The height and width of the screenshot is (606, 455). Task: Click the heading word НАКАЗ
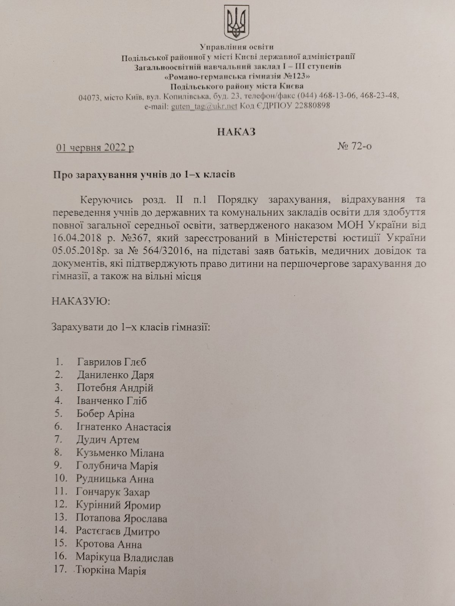(x=236, y=131)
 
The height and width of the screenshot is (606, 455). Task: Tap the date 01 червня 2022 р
(x=95, y=148)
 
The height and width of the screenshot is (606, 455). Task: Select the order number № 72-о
(x=354, y=146)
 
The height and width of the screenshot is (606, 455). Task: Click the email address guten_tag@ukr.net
(x=204, y=106)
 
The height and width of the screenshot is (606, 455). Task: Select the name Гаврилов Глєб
(x=111, y=362)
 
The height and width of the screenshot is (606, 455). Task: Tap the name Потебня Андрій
(x=115, y=388)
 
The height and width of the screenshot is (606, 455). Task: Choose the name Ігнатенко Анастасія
(x=123, y=427)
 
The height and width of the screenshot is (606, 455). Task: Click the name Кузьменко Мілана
(x=120, y=453)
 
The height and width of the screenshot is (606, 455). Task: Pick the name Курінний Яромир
(x=118, y=505)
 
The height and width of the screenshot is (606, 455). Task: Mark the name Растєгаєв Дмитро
(x=118, y=531)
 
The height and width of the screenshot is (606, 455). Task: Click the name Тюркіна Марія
(x=111, y=570)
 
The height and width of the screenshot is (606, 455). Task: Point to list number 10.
(x=61, y=478)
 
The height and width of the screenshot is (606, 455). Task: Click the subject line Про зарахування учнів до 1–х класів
(x=144, y=175)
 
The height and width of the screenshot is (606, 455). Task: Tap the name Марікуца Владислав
(x=125, y=558)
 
